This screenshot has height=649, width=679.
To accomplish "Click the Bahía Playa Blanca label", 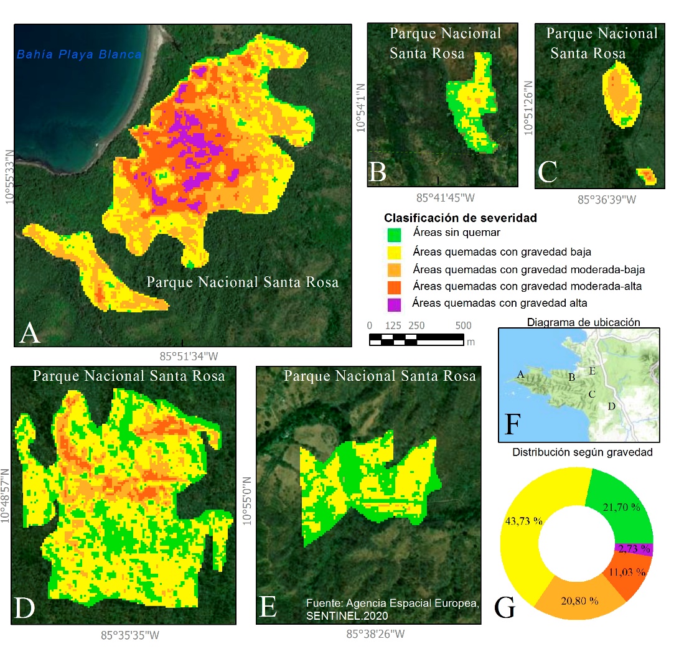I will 79,54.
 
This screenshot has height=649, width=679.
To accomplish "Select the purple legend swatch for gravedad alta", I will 394,304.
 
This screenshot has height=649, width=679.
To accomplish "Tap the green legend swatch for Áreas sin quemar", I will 394,235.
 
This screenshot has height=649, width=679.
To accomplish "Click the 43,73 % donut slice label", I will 524,521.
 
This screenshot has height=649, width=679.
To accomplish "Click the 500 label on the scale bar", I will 463,326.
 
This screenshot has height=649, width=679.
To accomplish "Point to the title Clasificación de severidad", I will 461,218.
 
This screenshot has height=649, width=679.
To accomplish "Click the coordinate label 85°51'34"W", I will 189,357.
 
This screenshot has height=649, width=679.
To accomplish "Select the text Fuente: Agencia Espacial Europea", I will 392,604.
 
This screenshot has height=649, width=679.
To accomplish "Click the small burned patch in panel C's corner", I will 647,176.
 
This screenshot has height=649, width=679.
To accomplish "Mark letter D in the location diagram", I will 611,406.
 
